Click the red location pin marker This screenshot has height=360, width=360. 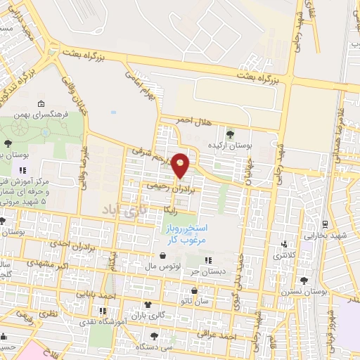[x=181, y=165]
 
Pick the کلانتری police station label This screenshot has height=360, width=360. [x=285, y=257]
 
